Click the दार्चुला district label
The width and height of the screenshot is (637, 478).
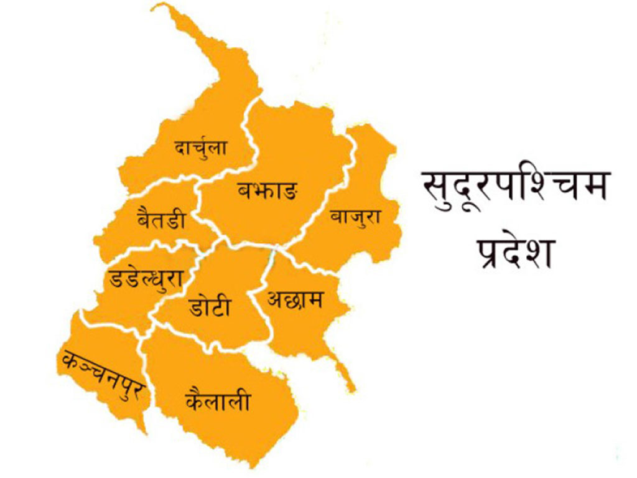click(200, 148)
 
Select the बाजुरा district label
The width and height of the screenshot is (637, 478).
click(355, 217)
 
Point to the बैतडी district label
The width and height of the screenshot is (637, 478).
click(160, 220)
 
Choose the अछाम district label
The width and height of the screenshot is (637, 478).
click(295, 301)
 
